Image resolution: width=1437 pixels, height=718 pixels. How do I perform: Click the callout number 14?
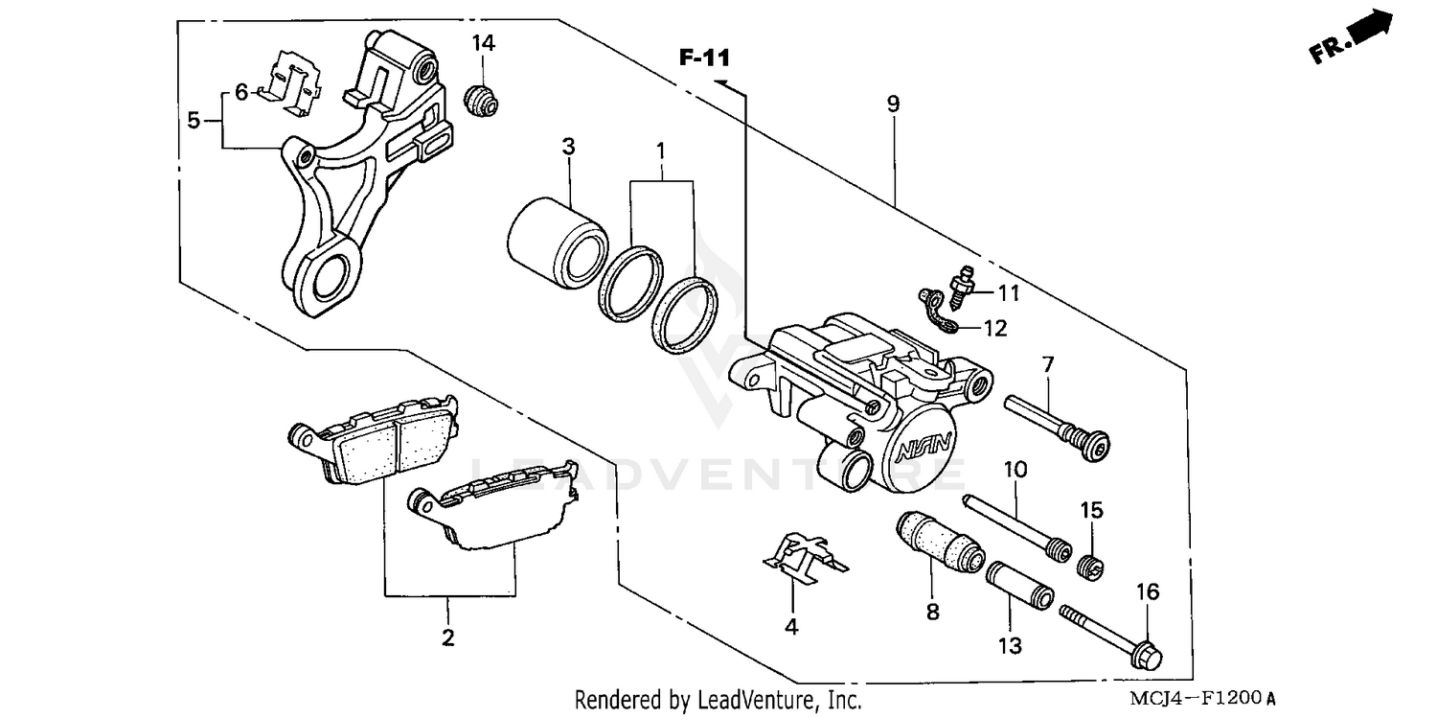pos(483,43)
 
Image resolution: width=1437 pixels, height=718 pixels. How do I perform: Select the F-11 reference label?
pos(704,58)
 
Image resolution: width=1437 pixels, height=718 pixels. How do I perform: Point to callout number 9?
pos(893,104)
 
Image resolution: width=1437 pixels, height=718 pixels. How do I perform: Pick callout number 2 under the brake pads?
pos(447,637)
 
